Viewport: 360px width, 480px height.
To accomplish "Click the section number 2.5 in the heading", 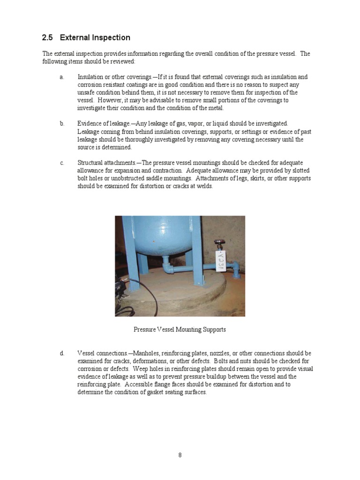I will pos(48,37).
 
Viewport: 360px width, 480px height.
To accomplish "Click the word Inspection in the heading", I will pos(111,37).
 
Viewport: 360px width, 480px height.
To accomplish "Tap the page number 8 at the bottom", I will pos(180,455).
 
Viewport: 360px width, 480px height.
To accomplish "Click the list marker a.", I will pos(62,77).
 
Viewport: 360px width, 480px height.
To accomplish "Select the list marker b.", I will pos(62,124).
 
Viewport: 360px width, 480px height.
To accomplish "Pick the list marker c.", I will pos(62,163).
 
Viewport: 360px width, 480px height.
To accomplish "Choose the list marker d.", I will pos(62,353).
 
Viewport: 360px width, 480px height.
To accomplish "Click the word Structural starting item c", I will pos(90,163).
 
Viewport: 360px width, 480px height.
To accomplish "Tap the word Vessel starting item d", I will pos(86,353).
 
